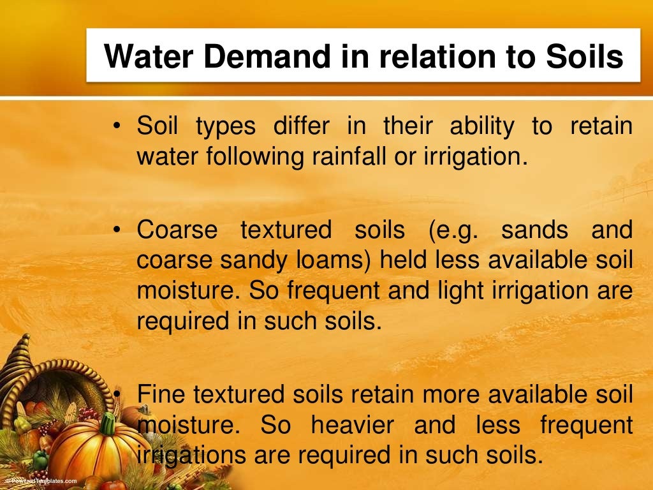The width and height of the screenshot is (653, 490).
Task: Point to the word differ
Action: click(302, 126)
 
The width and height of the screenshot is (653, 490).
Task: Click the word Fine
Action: click(160, 394)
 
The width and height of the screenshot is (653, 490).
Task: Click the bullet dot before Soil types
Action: click(117, 127)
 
